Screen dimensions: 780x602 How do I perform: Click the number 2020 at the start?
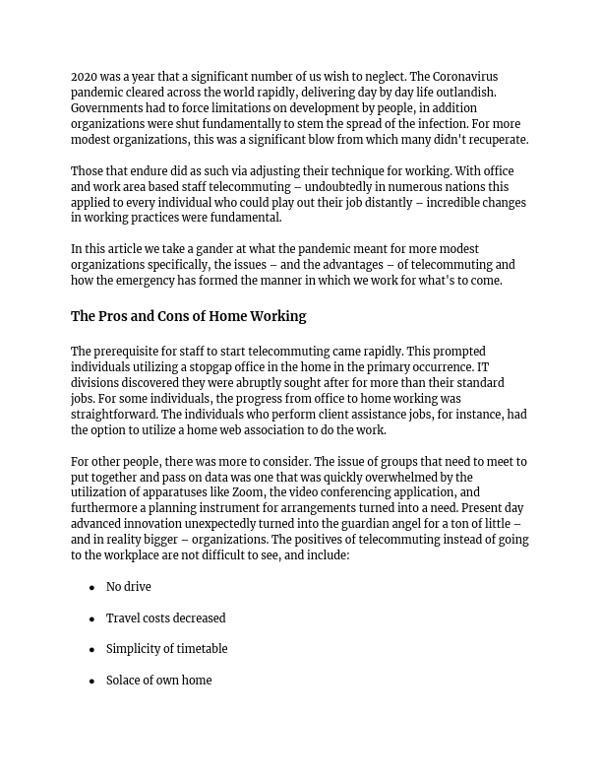[x=85, y=77]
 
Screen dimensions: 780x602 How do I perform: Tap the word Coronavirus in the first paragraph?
[x=465, y=77]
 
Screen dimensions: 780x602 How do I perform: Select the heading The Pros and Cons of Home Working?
[x=188, y=316]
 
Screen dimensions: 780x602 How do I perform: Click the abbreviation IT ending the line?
[x=483, y=367]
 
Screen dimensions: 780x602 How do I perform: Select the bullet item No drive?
[x=129, y=587]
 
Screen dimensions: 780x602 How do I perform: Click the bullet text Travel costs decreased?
[x=166, y=618]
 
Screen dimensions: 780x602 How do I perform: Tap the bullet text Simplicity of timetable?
[x=167, y=649]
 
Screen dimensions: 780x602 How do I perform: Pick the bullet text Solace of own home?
[x=159, y=681]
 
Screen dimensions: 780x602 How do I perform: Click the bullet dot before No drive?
[x=91, y=588]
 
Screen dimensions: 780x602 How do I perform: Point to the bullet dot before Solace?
[x=91, y=682]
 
